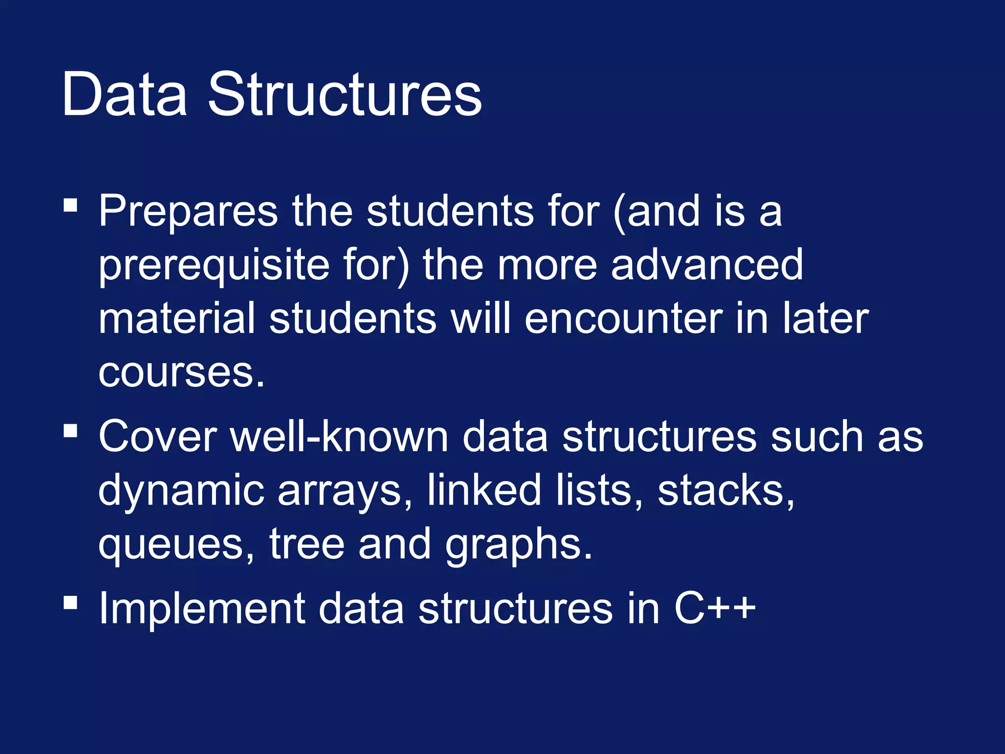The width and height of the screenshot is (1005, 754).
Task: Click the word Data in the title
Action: coord(124,94)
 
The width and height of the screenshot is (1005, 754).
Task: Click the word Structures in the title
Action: coord(345,94)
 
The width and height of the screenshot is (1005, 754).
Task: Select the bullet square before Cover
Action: coord(71,431)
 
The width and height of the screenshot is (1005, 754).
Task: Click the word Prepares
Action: coord(188,212)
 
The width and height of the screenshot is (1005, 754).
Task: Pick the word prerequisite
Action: coord(214,266)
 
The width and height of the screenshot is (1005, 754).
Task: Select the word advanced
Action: coord(707,265)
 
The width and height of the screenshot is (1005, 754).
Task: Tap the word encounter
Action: coord(623,319)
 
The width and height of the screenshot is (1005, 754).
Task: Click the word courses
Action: coord(181,373)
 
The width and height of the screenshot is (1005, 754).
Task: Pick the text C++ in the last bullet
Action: coord(714,609)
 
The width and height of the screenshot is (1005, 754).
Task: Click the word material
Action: coord(177,319)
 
